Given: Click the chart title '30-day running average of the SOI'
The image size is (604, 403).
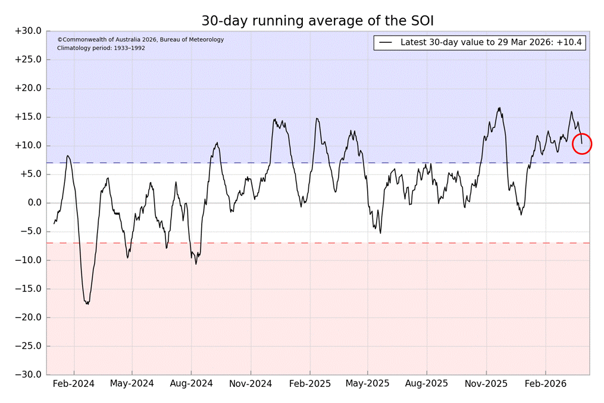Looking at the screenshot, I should coord(318,21).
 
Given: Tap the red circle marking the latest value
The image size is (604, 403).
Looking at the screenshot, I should coord(582,143).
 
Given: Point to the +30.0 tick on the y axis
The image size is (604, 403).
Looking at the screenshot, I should coord(28,31).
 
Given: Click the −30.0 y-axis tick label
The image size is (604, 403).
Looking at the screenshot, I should coord(28,375).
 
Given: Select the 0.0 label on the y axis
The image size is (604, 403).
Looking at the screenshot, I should coord(32,203).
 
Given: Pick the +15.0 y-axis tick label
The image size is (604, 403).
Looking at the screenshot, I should coord(28,117).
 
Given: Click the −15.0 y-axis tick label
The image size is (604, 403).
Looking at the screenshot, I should coord(28,289).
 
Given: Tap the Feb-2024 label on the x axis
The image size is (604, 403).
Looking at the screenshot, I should coord(74,384).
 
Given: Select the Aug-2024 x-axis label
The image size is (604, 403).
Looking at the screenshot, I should coord(191,384).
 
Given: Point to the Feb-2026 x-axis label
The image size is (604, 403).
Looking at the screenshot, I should coord(545,384).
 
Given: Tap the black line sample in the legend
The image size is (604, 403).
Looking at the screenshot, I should coord(386,43).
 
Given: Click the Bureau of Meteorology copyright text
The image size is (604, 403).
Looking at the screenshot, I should coord(140,40).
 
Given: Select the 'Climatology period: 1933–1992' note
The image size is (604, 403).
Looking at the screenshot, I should coord(101,48).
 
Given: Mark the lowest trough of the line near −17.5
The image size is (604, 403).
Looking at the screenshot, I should coord(87,304).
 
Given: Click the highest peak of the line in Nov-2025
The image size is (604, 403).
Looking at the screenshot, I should coord(499,108).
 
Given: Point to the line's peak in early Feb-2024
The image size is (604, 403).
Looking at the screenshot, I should coord(68,155).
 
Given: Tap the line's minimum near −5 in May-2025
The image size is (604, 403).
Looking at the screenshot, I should coord(380,233).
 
